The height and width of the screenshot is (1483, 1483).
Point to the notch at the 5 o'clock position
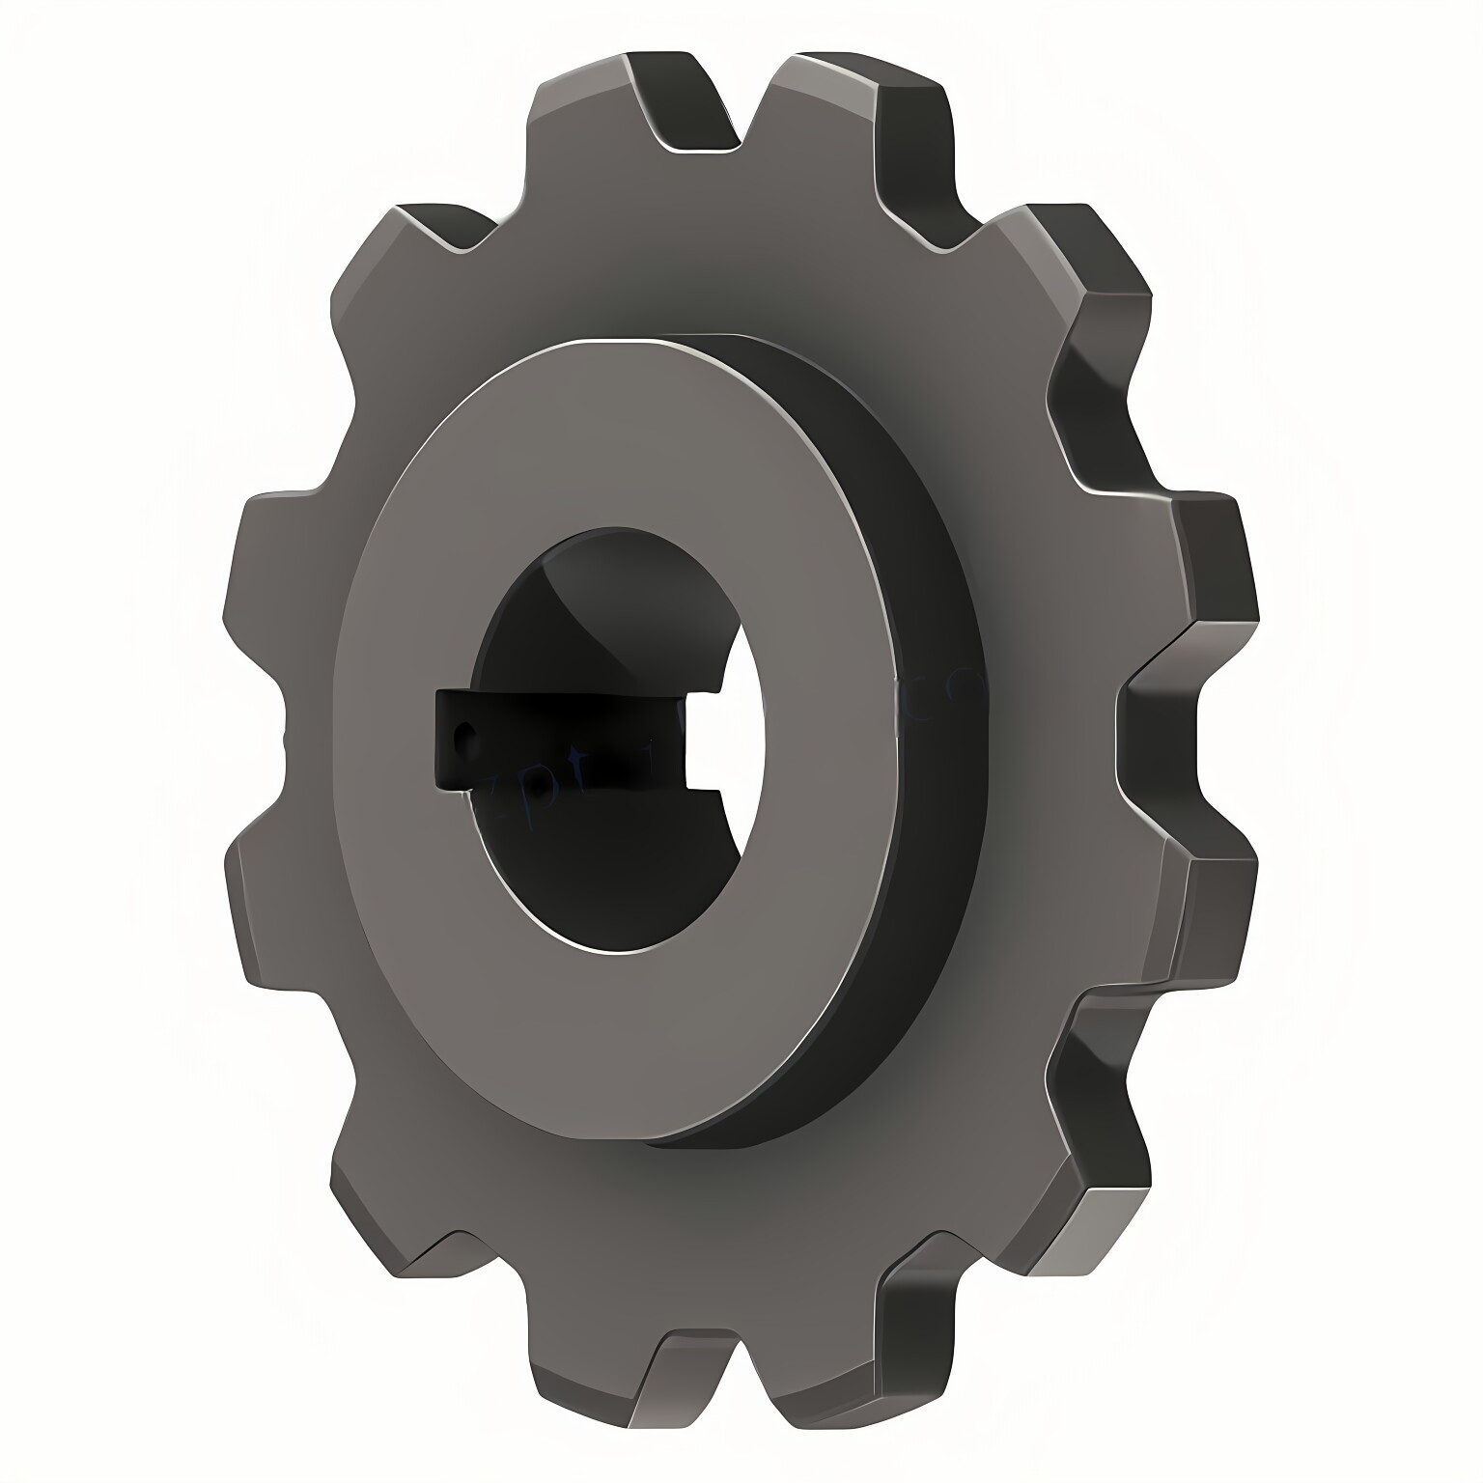[927, 1284]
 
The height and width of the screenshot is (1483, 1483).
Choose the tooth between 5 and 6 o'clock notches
[821, 1371]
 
